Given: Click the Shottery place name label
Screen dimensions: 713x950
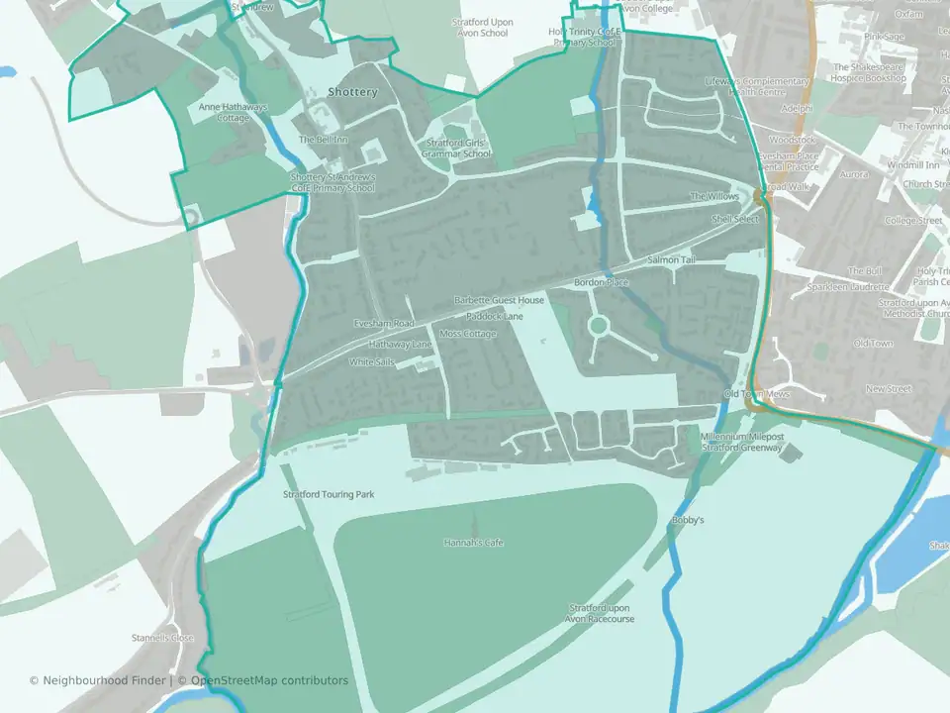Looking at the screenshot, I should click(x=352, y=92).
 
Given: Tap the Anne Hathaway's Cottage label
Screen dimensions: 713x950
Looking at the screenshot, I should click(x=234, y=112).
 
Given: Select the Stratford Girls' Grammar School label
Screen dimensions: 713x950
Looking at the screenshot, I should click(x=456, y=149).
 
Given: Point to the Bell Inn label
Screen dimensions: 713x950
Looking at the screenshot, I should click(x=324, y=140).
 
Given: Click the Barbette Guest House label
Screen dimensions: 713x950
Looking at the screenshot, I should click(x=499, y=300).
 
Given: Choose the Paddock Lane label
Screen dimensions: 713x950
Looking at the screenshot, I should click(x=495, y=316).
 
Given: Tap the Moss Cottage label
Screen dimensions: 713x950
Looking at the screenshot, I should click(x=468, y=334).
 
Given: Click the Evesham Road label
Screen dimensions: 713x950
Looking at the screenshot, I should click(x=384, y=324).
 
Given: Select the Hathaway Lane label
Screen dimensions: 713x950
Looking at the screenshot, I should click(x=400, y=344).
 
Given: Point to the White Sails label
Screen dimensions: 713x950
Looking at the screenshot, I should click(x=371, y=362).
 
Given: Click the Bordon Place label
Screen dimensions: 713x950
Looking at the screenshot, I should click(x=602, y=283).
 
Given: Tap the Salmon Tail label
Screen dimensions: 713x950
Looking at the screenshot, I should click(x=672, y=259).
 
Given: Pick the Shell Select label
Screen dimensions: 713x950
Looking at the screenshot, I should click(x=735, y=219).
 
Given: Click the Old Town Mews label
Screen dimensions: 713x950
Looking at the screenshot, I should click(x=757, y=394).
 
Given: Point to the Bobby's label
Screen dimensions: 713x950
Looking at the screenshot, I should click(x=687, y=520).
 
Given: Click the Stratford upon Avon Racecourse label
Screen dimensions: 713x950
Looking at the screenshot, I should click(x=601, y=613).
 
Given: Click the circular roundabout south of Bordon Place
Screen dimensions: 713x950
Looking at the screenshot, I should click(x=598, y=325).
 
